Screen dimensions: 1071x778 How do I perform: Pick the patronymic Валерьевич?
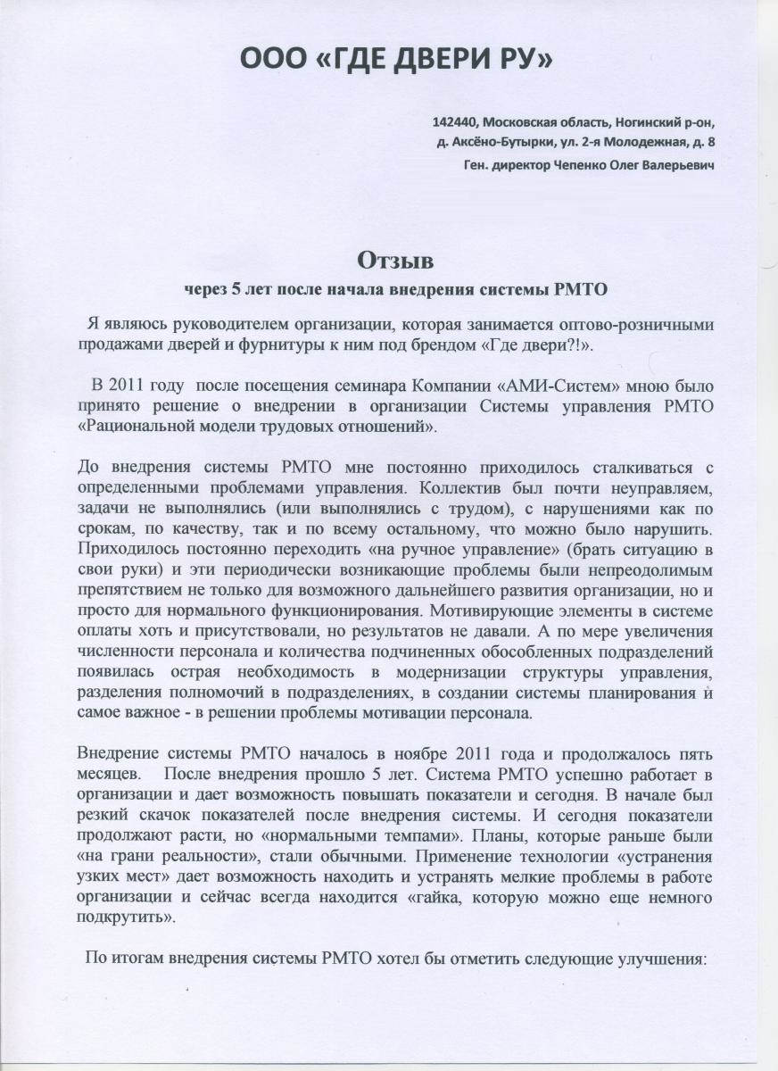(684, 165)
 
